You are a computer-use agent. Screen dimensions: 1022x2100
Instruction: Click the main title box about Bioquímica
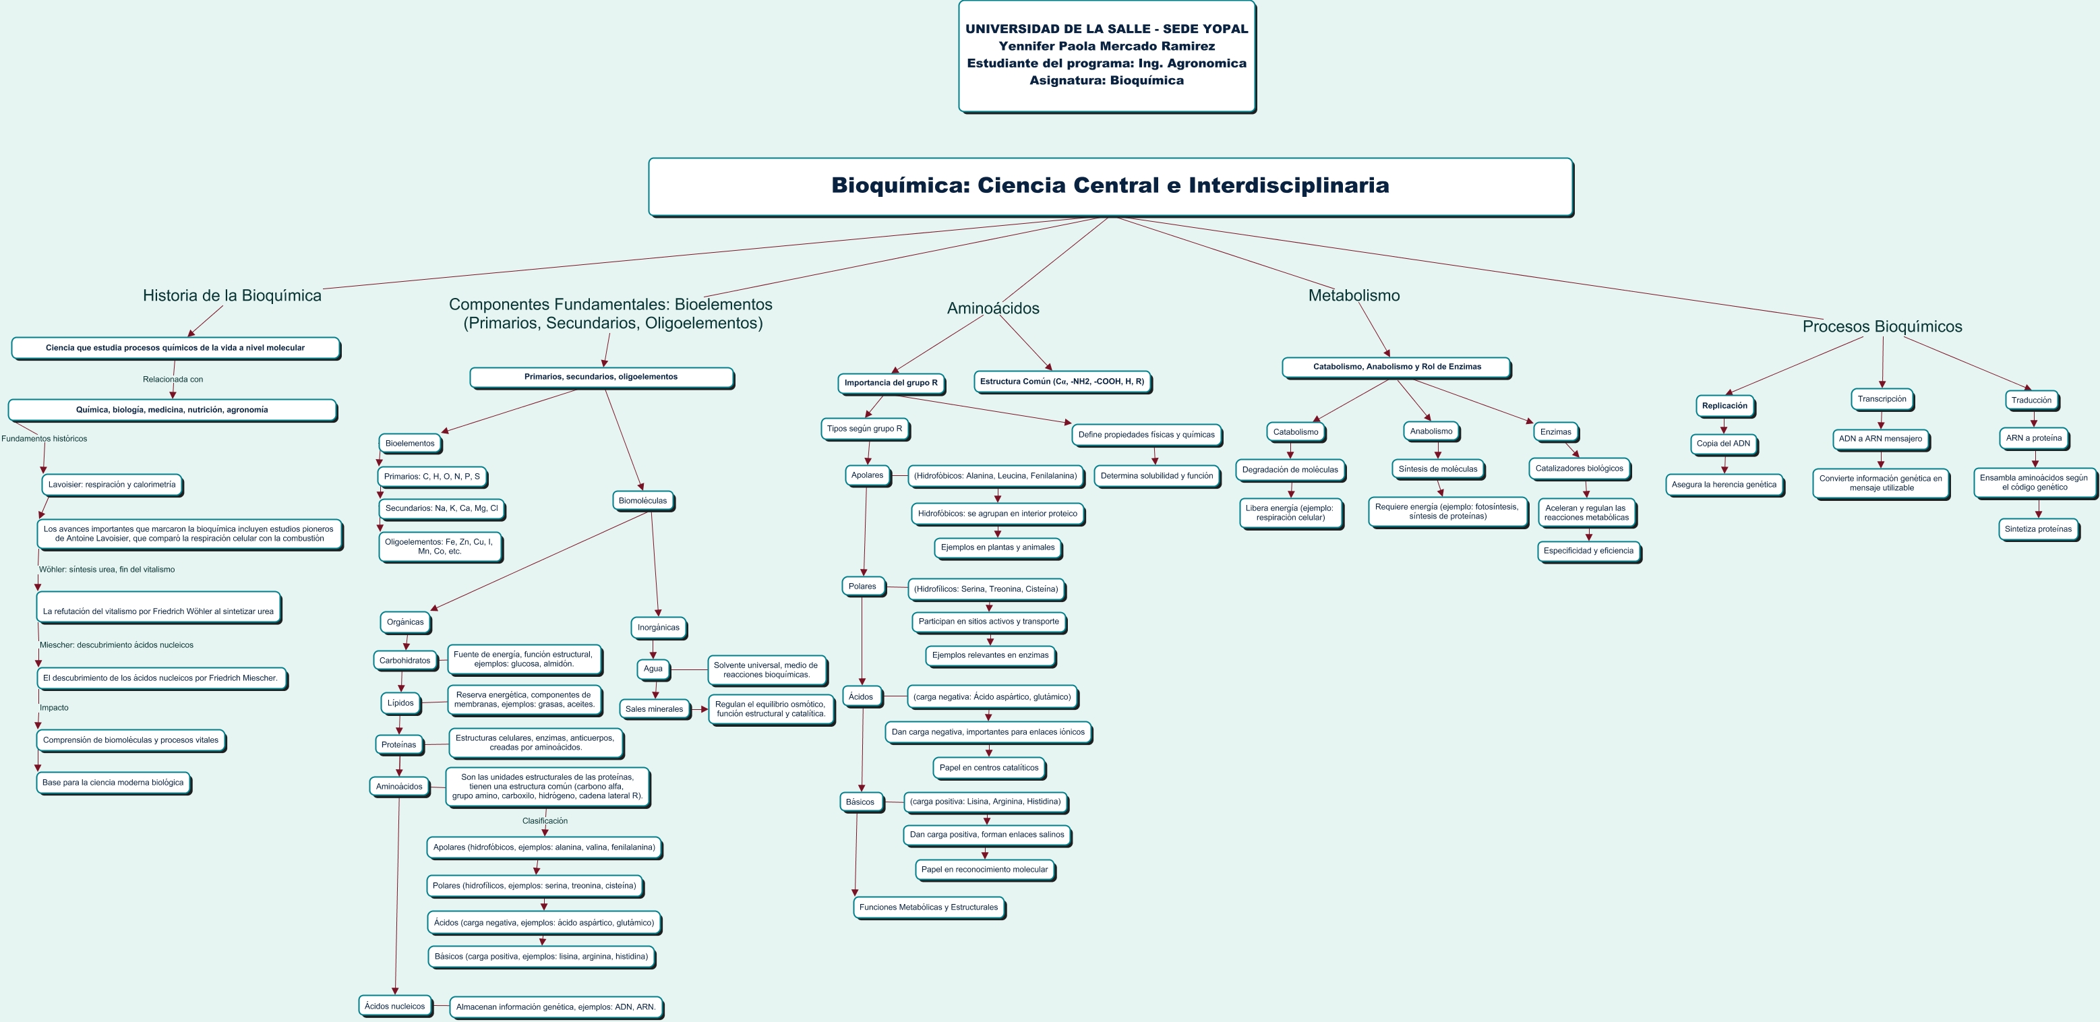tap(1110, 186)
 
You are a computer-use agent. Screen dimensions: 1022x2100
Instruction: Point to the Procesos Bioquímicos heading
tap(1882, 326)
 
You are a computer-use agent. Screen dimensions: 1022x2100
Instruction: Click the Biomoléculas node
tap(642, 500)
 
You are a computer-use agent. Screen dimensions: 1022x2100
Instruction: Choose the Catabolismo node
tap(1295, 432)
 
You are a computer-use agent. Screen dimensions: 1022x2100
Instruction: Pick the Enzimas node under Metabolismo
tap(1555, 432)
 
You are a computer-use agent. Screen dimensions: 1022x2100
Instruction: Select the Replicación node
tap(1724, 406)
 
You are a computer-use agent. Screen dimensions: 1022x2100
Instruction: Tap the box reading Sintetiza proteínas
tap(2037, 529)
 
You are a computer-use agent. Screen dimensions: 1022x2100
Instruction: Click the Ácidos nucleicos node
tap(394, 1006)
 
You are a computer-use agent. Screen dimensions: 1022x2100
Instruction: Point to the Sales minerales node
tap(654, 709)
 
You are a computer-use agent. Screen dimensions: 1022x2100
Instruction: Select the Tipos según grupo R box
tap(864, 429)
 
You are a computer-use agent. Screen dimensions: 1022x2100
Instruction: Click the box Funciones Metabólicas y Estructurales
tap(928, 907)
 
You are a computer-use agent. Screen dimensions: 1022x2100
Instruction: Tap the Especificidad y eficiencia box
tap(1588, 551)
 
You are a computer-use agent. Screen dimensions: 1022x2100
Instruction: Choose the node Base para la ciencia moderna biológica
tap(113, 783)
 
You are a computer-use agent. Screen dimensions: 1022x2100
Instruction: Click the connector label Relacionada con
tap(173, 379)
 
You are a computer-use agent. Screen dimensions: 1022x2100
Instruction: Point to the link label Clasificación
tap(545, 820)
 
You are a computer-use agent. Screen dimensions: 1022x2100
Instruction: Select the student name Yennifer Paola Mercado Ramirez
tap(1106, 47)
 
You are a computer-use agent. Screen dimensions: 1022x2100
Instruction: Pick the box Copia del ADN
tap(1722, 444)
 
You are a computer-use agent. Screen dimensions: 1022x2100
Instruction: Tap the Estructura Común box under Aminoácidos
tap(1061, 382)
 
